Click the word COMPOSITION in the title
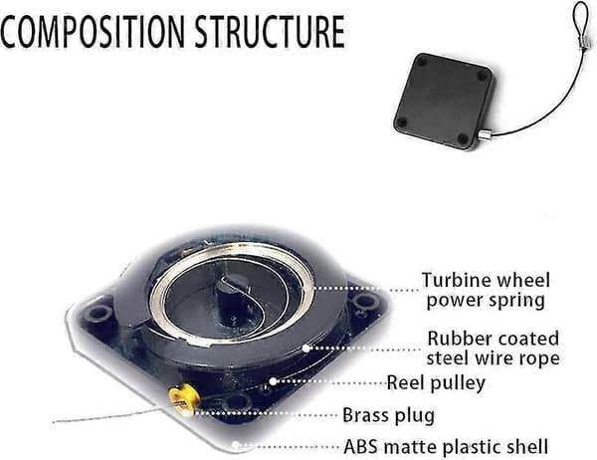(x=93, y=31)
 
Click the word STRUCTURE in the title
(x=270, y=31)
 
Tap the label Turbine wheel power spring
(x=486, y=291)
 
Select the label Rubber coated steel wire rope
(x=494, y=347)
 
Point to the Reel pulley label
(x=436, y=382)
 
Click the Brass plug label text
(x=388, y=415)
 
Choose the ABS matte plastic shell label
(x=446, y=447)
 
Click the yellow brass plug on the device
(x=184, y=398)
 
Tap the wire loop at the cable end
(x=580, y=19)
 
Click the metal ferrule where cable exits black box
(x=484, y=134)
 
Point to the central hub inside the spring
(x=233, y=296)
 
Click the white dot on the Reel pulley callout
(x=273, y=381)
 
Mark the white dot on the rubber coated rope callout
(x=305, y=347)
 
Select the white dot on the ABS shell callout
(x=236, y=445)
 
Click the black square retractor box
(x=444, y=101)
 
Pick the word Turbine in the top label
(x=449, y=280)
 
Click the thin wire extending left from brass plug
(x=110, y=416)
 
